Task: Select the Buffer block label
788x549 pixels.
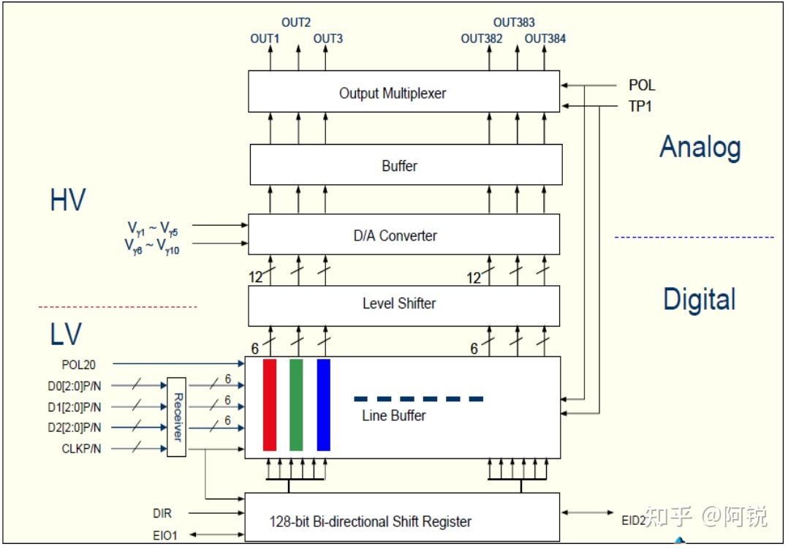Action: click(x=399, y=166)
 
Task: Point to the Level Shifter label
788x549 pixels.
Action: click(x=399, y=303)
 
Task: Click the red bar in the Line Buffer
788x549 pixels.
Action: click(x=270, y=405)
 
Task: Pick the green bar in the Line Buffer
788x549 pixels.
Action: click(x=296, y=405)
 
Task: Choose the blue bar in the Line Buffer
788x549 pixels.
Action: click(x=323, y=405)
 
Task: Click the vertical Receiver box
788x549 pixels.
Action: click(x=176, y=417)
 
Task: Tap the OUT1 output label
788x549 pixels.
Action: click(x=265, y=39)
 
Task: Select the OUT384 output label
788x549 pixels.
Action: click(x=545, y=39)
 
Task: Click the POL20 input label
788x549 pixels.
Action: click(x=79, y=364)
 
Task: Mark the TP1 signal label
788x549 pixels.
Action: click(x=640, y=107)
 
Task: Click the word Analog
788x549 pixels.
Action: click(x=700, y=148)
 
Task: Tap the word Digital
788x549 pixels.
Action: click(x=699, y=300)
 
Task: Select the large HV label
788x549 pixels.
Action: click(x=67, y=200)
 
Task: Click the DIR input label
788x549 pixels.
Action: click(x=162, y=514)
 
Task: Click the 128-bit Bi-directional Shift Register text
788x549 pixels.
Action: click(x=370, y=521)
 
